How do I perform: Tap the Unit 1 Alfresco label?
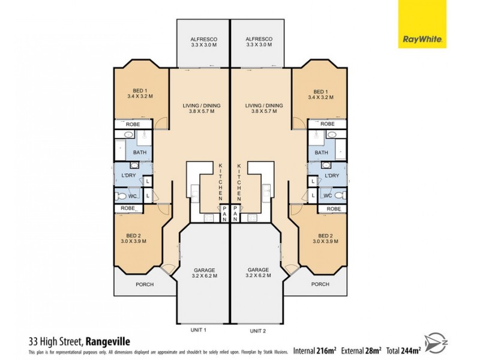coord(203,41)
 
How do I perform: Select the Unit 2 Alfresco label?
coord(259,41)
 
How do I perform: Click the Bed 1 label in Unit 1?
coord(140,92)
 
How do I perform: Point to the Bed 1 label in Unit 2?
coord(321,92)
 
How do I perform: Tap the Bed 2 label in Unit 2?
coord(325,238)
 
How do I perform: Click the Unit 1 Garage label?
coord(204,273)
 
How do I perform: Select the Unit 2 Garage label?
coord(259,273)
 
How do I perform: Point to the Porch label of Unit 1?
coord(145,284)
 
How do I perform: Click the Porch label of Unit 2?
coord(319,284)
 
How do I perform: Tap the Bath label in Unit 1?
coord(139,152)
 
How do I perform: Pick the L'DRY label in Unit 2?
coord(332,175)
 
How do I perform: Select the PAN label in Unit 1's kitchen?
coord(224,211)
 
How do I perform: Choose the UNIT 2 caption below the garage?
coord(258,330)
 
